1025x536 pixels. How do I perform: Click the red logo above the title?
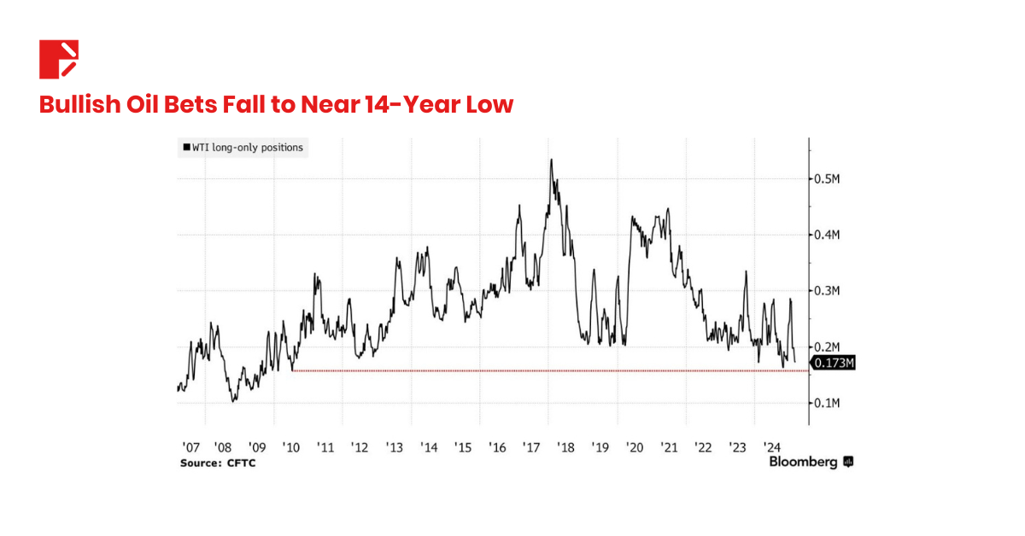click(x=59, y=59)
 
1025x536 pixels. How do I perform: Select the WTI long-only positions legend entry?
click(x=243, y=148)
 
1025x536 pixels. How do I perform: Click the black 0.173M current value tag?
click(x=833, y=364)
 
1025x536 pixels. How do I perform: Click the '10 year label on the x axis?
click(x=291, y=447)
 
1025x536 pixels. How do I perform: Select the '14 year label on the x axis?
click(x=429, y=447)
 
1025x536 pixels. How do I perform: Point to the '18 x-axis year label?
click(x=565, y=447)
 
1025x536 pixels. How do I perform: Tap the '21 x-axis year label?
click(x=668, y=447)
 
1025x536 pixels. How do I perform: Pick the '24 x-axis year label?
click(x=771, y=447)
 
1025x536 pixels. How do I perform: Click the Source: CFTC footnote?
click(x=217, y=463)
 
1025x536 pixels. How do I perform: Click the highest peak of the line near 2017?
click(x=551, y=160)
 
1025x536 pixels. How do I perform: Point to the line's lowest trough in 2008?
click(x=232, y=401)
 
